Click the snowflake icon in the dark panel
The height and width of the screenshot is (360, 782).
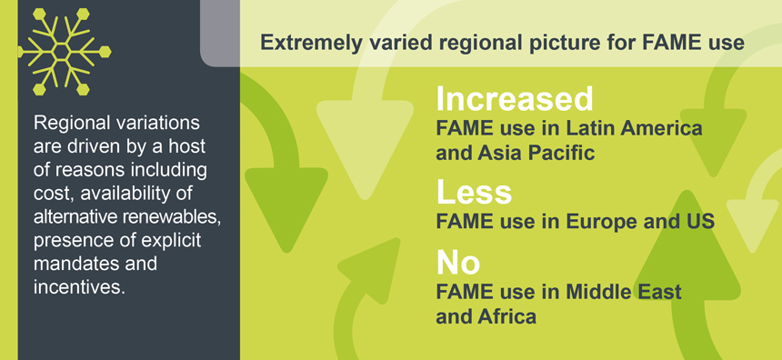(x=65, y=52)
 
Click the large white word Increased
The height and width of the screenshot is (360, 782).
(x=515, y=99)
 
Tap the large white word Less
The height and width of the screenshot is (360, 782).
(x=475, y=192)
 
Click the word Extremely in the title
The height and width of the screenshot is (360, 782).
(x=310, y=44)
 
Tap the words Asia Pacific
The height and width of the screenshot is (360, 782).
(x=536, y=153)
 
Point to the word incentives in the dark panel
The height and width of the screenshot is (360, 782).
(x=79, y=287)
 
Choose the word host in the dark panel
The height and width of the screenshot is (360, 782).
(x=186, y=147)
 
